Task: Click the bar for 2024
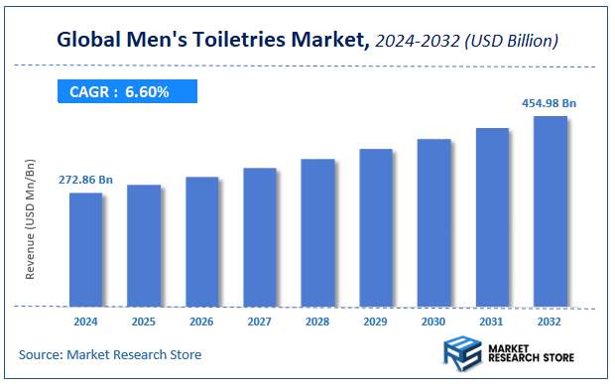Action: point(85,249)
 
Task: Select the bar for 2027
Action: point(259,237)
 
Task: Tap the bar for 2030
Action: point(433,222)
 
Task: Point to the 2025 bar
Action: point(143,245)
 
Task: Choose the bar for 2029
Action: point(375,227)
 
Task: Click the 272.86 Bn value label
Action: point(85,180)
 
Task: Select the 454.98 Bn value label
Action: point(550,102)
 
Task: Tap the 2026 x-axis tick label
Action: point(201,322)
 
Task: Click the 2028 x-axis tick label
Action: point(317,322)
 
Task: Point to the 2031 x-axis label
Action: point(492,322)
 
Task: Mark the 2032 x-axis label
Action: point(550,322)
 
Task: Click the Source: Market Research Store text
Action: point(110,354)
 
